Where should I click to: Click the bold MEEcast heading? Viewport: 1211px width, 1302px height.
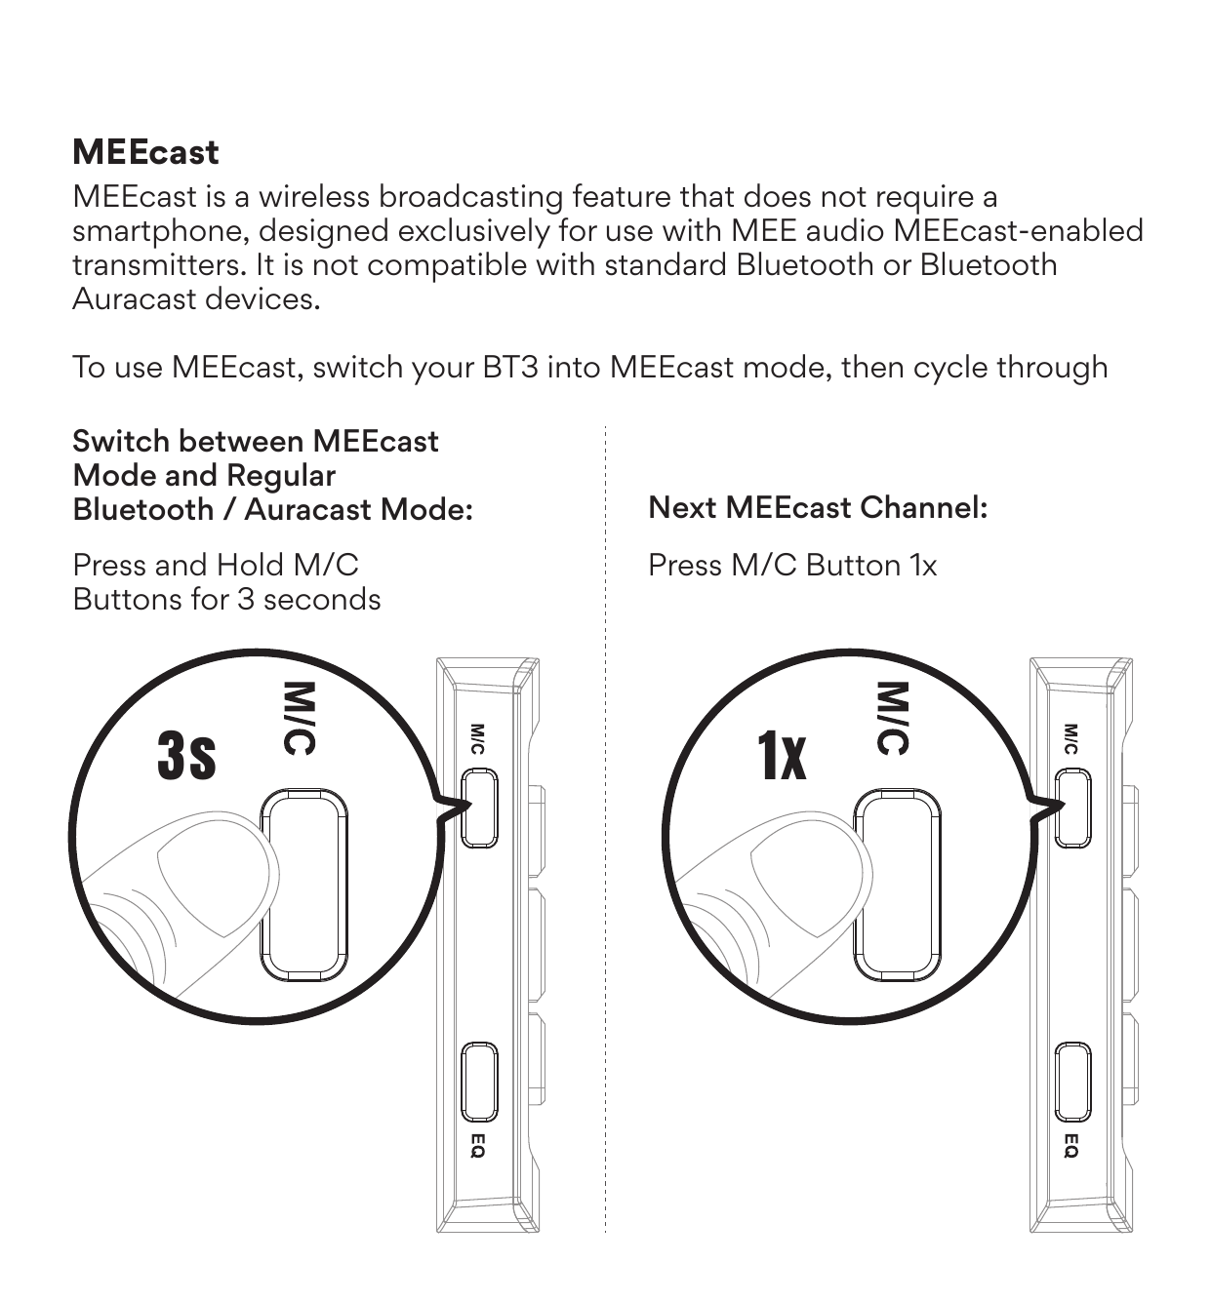(x=145, y=152)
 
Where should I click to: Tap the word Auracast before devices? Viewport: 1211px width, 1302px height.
(x=134, y=299)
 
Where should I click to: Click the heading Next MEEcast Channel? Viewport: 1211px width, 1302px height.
(x=818, y=507)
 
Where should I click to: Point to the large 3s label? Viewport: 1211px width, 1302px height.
(x=187, y=756)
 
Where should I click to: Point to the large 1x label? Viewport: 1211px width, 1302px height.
(x=782, y=756)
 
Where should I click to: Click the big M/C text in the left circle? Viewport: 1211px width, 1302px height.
(x=300, y=719)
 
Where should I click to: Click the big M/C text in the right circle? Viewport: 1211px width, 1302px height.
(x=893, y=719)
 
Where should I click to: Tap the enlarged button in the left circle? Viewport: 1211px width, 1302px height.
(x=304, y=885)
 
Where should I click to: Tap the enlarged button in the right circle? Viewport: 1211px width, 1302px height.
(x=898, y=885)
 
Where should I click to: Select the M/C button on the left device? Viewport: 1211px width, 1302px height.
(x=479, y=809)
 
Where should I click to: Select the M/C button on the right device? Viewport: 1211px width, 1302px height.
(x=1073, y=809)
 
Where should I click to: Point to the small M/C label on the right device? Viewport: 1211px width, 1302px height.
(x=1070, y=739)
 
